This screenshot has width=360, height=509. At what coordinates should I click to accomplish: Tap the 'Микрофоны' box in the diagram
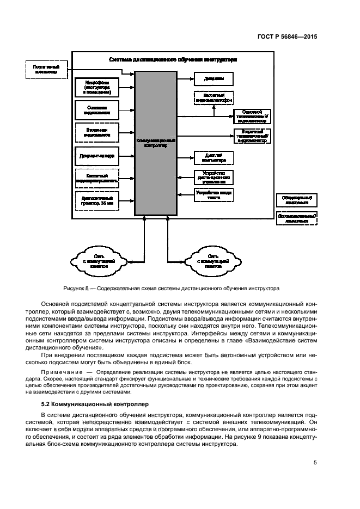(x=97, y=87)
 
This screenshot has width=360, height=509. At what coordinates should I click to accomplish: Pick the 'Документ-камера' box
(x=97, y=156)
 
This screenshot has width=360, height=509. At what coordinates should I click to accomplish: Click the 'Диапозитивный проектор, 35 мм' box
(x=97, y=200)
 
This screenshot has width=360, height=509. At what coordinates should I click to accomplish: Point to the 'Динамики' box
(x=213, y=78)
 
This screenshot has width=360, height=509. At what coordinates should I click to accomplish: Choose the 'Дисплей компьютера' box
(x=213, y=158)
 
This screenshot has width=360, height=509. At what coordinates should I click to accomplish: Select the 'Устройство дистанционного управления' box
(x=213, y=177)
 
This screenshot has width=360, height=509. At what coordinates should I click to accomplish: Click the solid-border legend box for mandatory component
(x=297, y=199)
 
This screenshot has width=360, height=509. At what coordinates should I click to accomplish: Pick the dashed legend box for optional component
(x=297, y=218)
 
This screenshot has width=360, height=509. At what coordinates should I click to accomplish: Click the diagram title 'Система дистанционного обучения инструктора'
(x=173, y=59)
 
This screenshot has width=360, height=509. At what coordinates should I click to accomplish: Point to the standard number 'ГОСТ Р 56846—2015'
(x=287, y=38)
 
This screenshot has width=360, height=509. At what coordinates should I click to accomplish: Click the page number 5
(x=315, y=463)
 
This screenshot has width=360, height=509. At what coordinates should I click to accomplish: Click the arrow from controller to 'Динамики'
(x=186, y=78)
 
